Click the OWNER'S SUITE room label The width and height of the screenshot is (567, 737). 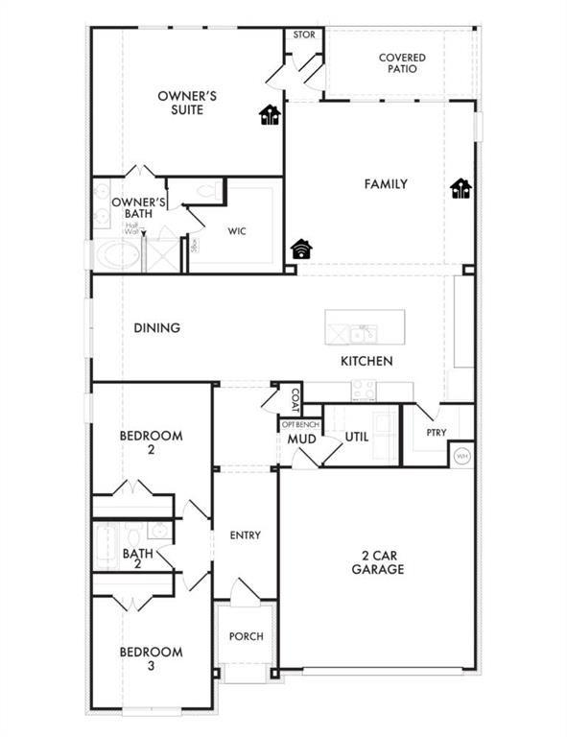tap(188, 103)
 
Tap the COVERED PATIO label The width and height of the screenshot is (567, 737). tap(402, 64)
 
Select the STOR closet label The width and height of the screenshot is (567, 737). tap(304, 35)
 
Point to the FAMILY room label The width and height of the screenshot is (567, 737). tap(386, 183)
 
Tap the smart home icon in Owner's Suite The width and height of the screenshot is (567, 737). tap(272, 116)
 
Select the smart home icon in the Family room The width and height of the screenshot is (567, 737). tap(461, 189)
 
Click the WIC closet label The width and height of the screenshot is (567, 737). tap(239, 230)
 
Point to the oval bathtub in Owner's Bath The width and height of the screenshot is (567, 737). tap(115, 255)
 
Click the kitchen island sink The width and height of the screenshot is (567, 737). tap(363, 333)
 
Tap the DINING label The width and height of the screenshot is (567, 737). tap(157, 327)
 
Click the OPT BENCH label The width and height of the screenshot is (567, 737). tap(299, 423)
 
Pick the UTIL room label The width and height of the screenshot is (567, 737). tap(357, 437)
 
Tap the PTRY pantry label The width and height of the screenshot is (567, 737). tap(437, 433)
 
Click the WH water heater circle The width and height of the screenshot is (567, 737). tap(461, 456)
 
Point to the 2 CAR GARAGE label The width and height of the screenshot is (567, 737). tap(377, 561)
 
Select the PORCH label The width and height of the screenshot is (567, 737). tap(246, 636)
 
